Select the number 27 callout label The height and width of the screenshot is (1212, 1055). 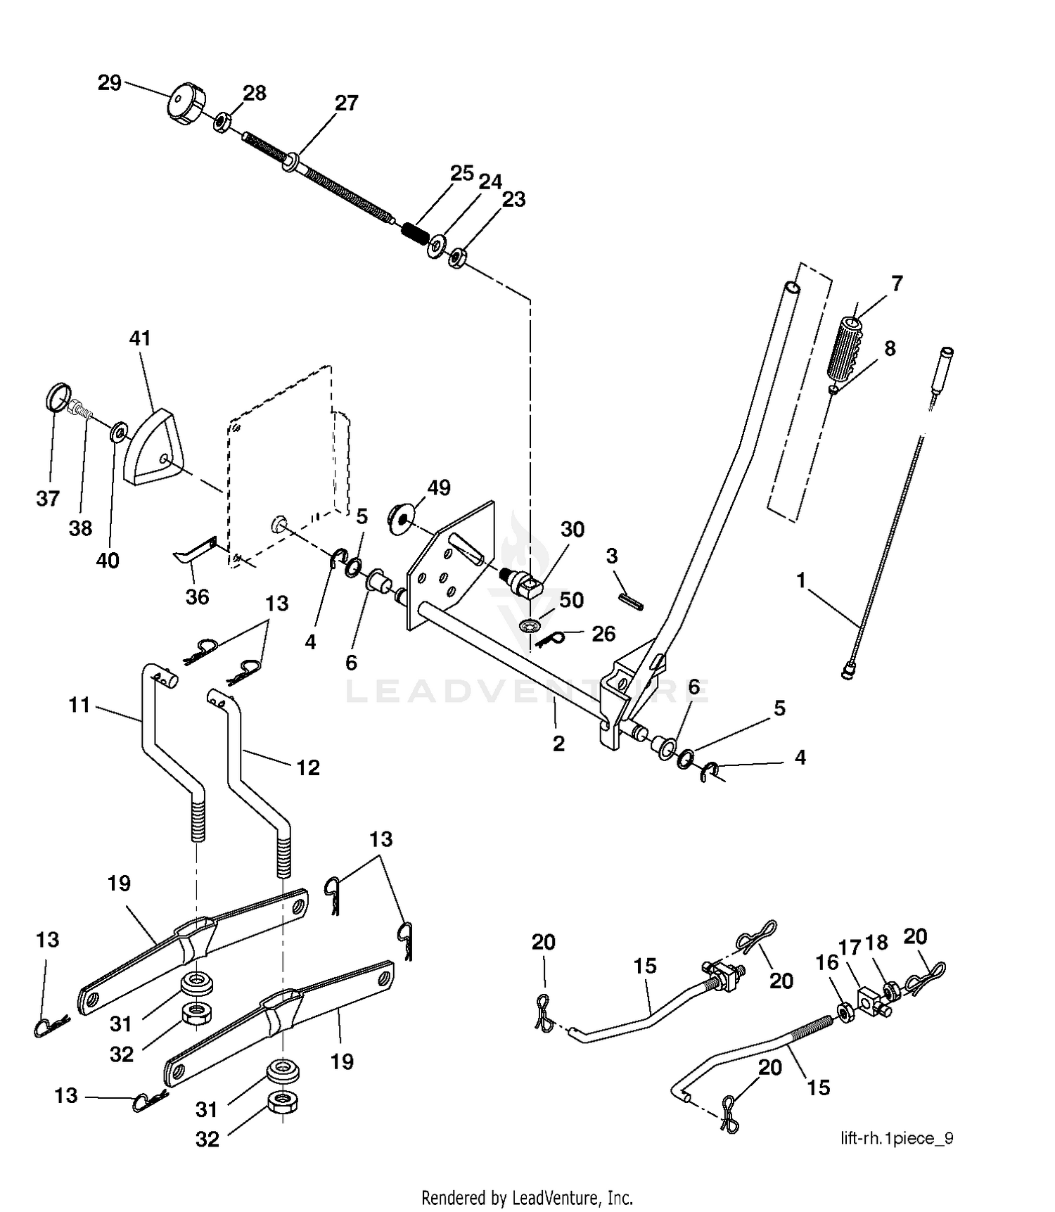346,103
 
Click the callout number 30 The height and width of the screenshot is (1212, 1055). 573,529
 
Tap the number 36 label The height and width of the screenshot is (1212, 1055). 197,597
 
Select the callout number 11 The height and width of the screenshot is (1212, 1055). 79,704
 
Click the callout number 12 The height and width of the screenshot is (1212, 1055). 308,767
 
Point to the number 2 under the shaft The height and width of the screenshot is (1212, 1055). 558,744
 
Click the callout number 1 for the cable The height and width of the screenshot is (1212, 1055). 800,580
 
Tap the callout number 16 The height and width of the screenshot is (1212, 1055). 827,962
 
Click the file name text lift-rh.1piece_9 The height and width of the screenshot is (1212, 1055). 897,1138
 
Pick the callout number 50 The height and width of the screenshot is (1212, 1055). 572,600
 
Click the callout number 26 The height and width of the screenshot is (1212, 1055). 603,634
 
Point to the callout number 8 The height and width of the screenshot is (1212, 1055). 890,348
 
